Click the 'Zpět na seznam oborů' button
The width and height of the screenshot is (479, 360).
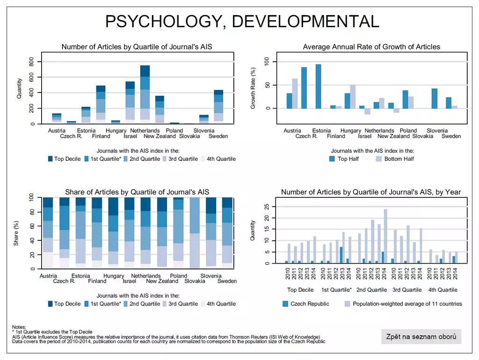[421, 337]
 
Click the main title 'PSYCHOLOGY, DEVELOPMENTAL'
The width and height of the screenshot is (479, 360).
[242, 22]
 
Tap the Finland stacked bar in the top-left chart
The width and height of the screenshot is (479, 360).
[101, 105]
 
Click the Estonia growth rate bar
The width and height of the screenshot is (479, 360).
[319, 86]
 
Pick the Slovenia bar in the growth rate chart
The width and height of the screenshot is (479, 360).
[435, 98]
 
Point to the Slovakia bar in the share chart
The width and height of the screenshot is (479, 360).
[194, 233]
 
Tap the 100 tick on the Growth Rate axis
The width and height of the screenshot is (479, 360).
[267, 61]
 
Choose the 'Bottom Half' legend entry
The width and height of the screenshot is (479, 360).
[395, 159]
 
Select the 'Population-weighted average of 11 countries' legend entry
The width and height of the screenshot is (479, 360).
[403, 304]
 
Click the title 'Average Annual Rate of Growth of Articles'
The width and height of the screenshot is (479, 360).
[371, 47]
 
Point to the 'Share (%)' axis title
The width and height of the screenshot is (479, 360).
[16, 233]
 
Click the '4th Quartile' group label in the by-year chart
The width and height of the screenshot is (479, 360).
[443, 290]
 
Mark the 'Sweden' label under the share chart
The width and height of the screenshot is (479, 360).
[227, 281]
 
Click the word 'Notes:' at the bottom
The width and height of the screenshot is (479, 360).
[19, 327]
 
